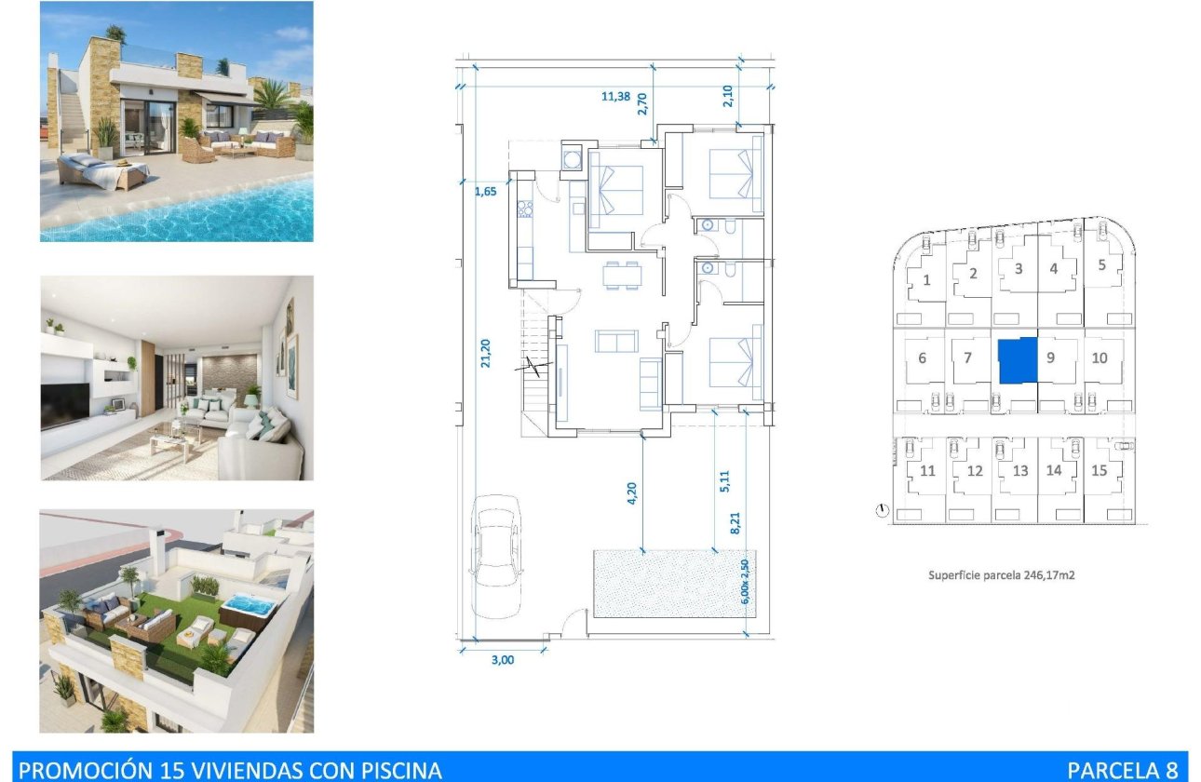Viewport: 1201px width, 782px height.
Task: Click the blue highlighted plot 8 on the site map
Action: pos(1017,361)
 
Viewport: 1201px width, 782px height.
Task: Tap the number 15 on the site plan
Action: pos(1099,470)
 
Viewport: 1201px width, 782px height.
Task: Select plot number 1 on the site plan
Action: pos(926,279)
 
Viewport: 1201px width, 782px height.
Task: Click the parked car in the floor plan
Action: pos(496,555)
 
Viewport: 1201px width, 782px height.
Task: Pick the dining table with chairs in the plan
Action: pos(621,275)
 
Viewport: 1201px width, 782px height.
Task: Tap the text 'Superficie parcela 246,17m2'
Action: pos(1001,575)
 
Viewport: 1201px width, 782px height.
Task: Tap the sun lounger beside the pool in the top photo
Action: pos(102,170)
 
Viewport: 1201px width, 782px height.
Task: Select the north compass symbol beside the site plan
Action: pos(881,510)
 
